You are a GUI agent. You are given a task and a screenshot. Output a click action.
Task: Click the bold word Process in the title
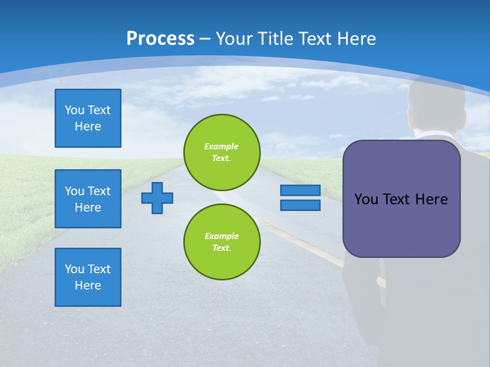point(160,39)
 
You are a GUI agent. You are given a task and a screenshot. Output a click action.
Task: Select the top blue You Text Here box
point(88,118)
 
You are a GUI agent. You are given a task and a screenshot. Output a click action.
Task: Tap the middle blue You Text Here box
point(88,199)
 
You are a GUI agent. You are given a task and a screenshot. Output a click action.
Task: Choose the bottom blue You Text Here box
point(88,277)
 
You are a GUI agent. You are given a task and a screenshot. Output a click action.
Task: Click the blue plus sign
point(157,198)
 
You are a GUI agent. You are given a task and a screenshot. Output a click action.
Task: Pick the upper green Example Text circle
point(222,152)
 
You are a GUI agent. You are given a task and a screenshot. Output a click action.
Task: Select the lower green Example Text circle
point(222,242)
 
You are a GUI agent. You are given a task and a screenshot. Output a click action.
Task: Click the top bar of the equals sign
point(300,191)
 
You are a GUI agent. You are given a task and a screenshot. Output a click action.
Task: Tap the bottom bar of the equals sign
point(300,205)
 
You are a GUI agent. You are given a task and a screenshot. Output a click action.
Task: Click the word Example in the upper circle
point(222,146)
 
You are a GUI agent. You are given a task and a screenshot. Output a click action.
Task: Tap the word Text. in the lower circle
point(222,248)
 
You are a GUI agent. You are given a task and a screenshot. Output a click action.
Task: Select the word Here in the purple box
point(431,199)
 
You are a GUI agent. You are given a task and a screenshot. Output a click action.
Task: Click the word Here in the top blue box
point(88,126)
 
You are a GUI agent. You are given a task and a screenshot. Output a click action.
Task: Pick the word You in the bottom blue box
point(75,269)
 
